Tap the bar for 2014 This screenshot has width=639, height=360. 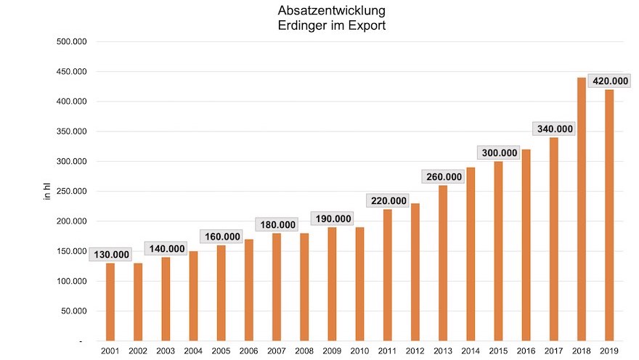471,254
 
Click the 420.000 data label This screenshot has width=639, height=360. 608,81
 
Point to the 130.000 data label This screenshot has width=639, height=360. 110,255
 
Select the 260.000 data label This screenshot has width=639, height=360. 443,177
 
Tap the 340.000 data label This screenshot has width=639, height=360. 554,129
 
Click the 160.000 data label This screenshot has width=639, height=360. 221,237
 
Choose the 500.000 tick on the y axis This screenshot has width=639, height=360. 72,41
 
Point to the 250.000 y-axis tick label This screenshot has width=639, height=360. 72,192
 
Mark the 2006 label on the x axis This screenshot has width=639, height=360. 248,351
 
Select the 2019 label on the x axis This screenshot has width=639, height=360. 609,351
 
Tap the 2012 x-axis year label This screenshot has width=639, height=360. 415,351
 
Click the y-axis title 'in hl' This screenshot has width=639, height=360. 47,192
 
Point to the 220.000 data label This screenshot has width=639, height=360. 388,201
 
